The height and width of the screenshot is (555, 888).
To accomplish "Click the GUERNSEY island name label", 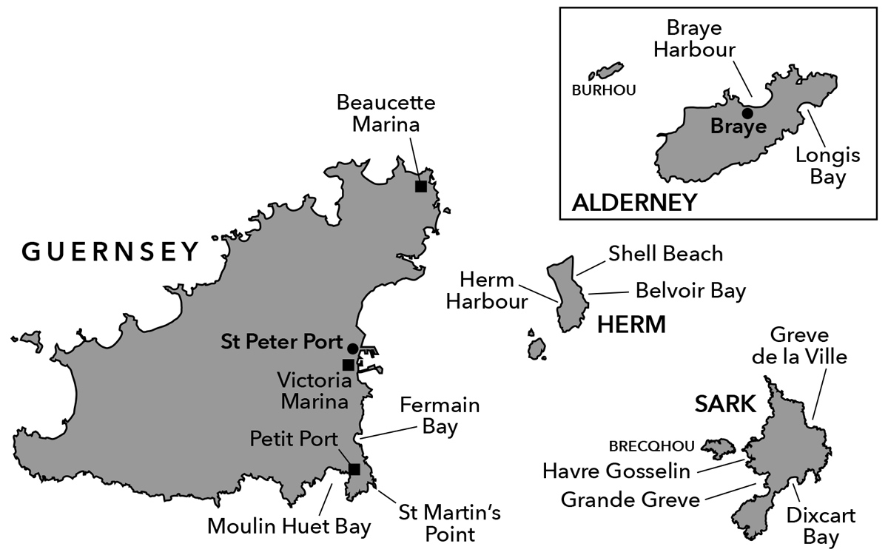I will click(x=111, y=252).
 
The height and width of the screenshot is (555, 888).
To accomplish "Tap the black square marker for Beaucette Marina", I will click(x=420, y=186).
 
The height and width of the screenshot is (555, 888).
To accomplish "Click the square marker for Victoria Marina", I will click(x=348, y=364).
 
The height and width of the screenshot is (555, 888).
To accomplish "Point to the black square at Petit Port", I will click(x=354, y=469).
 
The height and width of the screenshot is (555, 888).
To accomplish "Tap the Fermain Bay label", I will click(x=440, y=416).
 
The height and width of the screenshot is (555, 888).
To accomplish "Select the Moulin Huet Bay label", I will click(x=289, y=527).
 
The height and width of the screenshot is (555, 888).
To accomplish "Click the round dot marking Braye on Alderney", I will click(x=747, y=113).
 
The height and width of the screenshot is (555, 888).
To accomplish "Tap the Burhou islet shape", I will click(x=607, y=72).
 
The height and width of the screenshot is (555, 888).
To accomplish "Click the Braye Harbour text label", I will click(x=700, y=38).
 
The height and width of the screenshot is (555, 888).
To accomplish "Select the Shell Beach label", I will click(x=665, y=254).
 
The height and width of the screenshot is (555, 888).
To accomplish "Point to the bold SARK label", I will click(x=725, y=404).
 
